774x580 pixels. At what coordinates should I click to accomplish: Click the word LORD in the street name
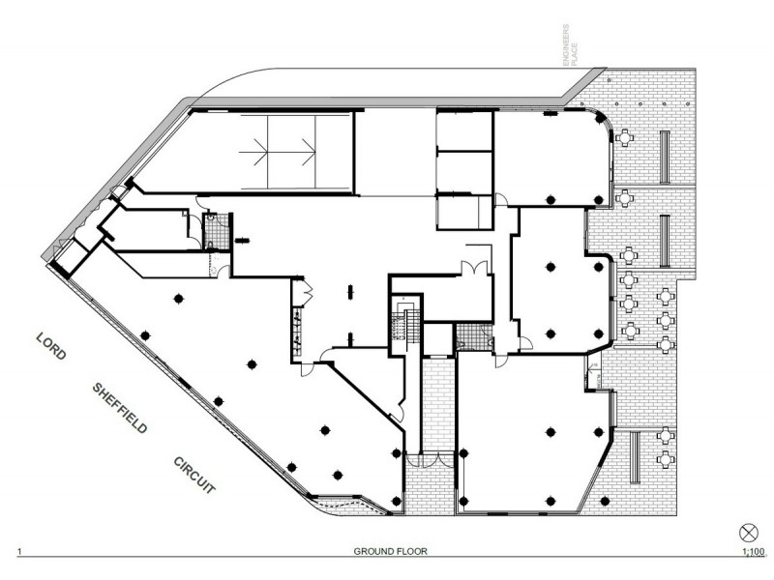point(51,346)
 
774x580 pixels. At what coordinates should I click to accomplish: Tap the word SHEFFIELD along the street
point(120,408)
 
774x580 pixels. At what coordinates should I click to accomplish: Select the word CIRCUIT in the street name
point(194,475)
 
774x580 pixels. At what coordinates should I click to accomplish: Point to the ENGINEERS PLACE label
point(570,45)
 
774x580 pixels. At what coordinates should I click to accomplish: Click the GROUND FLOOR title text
point(391,551)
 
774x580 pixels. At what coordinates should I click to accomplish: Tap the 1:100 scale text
point(754,551)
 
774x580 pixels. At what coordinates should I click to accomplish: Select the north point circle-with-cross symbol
point(748,534)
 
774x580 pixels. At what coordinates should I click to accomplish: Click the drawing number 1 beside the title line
point(19,551)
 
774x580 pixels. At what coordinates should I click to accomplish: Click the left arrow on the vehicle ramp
point(259,152)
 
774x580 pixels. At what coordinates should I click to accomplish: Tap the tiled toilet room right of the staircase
point(474,336)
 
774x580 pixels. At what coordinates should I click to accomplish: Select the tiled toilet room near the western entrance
point(217,231)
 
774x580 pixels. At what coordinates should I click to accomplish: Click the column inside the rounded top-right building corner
point(600,118)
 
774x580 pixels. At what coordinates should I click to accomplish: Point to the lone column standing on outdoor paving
point(604,501)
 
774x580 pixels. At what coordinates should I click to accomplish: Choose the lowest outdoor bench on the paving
point(635,457)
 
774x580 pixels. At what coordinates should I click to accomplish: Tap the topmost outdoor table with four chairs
point(625,137)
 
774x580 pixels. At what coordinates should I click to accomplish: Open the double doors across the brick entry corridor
point(429,460)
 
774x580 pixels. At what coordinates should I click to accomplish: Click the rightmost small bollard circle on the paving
point(688,104)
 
